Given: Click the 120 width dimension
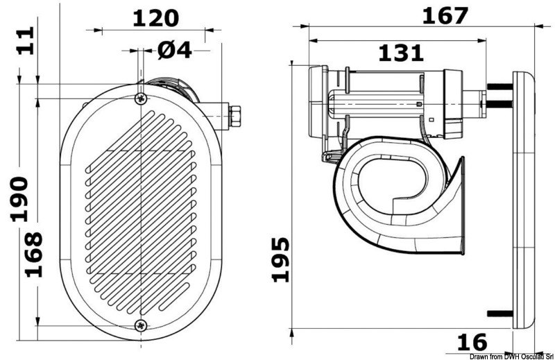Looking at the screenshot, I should (155, 18).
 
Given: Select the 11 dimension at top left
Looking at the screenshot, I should (25, 42).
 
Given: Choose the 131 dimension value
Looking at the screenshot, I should (400, 51).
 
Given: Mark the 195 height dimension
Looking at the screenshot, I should (280, 259).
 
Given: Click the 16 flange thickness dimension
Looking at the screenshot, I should (472, 342).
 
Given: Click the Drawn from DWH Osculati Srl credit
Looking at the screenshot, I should (512, 355).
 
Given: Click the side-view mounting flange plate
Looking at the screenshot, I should (525, 201).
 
